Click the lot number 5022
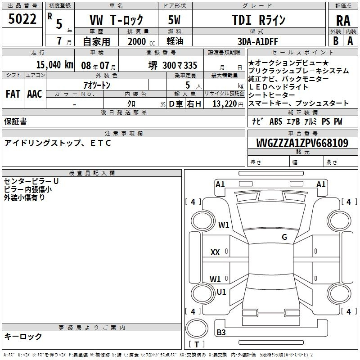click(22, 19)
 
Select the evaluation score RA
click(343, 21)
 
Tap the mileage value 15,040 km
click(54, 65)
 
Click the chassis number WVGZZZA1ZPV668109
click(302, 143)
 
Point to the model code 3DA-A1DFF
click(257, 41)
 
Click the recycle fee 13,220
click(224, 104)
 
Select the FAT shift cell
click(13, 94)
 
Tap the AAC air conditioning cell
click(35, 94)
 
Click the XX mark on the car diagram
click(215, 252)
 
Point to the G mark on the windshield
click(284, 237)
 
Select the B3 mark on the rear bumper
click(221, 332)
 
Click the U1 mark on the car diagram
click(221, 292)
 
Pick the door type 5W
click(174, 20)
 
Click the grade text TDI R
click(252, 20)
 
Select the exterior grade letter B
click(336, 41)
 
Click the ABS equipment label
click(276, 121)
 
